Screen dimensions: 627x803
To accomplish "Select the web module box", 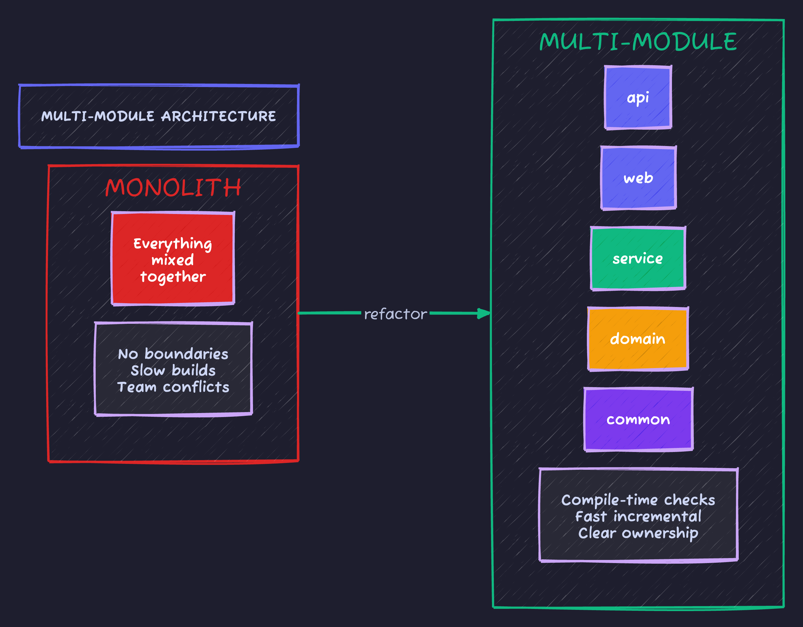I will [x=638, y=178].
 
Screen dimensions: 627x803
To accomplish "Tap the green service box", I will [x=638, y=259].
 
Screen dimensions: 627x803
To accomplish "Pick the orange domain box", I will [x=638, y=339].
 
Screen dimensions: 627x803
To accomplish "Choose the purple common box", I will [x=638, y=420].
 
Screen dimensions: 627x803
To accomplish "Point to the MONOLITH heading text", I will [x=173, y=187].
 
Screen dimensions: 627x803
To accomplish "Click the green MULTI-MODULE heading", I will [x=638, y=41].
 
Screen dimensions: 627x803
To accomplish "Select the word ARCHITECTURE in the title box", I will [x=219, y=117].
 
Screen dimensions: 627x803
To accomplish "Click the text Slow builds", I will [x=173, y=371].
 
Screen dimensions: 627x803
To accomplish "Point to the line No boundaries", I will [x=173, y=354].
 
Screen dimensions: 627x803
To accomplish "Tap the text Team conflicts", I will [x=173, y=387].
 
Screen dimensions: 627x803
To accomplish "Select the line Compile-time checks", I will [x=638, y=500].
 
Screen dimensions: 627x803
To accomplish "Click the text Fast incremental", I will [x=638, y=517].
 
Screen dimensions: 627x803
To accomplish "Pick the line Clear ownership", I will [x=638, y=533].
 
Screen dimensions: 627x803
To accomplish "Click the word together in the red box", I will [x=173, y=277].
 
